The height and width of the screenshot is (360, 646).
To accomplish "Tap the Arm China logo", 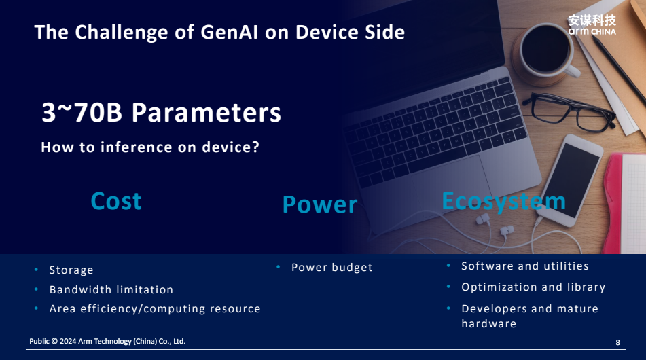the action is (x=592, y=25).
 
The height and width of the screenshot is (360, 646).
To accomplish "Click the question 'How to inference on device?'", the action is (x=150, y=147).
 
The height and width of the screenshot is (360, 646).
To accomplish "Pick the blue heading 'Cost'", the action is (x=116, y=201).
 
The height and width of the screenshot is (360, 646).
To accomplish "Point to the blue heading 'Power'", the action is (x=320, y=204).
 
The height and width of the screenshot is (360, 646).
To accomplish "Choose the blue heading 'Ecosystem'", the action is (x=503, y=202).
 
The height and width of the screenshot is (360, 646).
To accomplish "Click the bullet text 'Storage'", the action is (x=71, y=270).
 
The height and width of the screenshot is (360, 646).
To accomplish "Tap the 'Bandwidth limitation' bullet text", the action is (x=111, y=289).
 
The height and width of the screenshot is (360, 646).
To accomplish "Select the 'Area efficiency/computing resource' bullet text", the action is (x=155, y=309).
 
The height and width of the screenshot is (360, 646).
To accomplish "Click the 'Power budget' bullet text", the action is (x=332, y=268).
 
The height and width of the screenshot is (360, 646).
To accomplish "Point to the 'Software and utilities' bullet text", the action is (x=525, y=266).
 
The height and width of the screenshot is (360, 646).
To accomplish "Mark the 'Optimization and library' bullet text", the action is (x=533, y=287).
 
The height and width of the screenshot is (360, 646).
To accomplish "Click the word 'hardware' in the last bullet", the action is (x=489, y=324).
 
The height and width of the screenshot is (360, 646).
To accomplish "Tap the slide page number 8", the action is (x=617, y=342).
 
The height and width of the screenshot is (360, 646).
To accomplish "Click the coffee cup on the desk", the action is (x=545, y=51).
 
